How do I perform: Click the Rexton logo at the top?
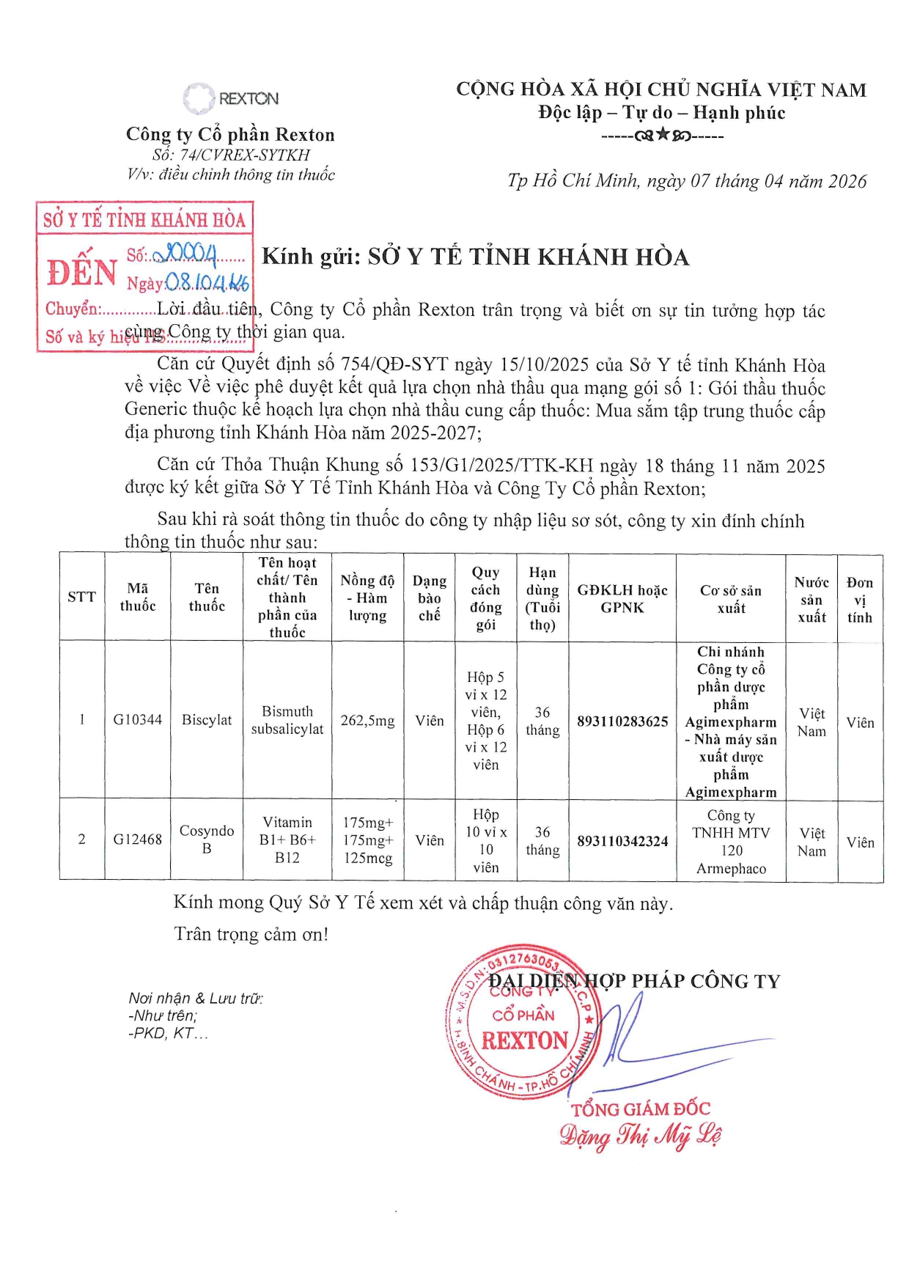point(230,98)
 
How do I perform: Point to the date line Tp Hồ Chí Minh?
point(686,181)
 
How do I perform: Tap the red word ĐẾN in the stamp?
point(82,271)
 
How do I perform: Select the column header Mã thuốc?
point(137,597)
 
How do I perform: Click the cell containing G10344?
point(137,719)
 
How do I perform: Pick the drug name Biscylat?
point(207,720)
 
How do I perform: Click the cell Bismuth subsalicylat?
point(287,720)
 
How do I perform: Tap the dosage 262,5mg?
point(367,721)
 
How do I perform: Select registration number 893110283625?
point(622,721)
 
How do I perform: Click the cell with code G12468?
point(137,839)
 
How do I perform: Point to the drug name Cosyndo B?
point(207,839)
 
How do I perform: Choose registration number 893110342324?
point(622,841)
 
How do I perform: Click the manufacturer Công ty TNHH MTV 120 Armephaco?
point(731,842)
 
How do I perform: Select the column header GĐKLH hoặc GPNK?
point(622,598)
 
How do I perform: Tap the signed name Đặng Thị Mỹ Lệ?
point(640,1136)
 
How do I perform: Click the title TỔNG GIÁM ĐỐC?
point(641,1109)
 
